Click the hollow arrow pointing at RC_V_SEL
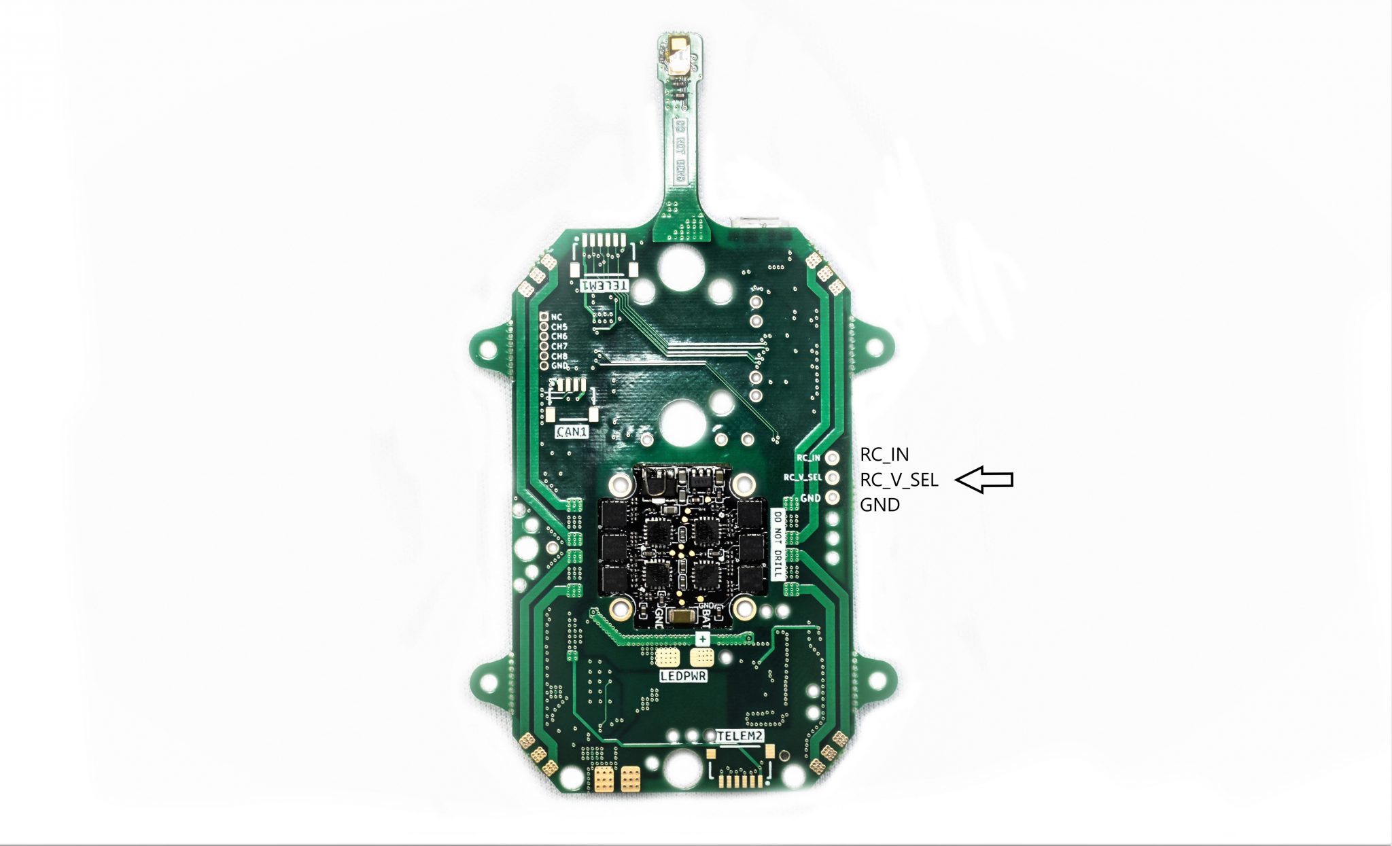(x=984, y=480)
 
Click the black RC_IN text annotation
(x=884, y=455)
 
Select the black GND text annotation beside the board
(x=880, y=505)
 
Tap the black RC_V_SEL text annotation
(x=899, y=480)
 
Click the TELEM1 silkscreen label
(x=604, y=286)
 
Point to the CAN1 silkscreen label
(x=571, y=431)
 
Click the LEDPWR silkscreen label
(x=683, y=676)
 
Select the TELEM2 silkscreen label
(x=740, y=736)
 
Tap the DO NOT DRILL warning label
(x=778, y=544)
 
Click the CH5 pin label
(x=559, y=327)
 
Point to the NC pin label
(x=557, y=317)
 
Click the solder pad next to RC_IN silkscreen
(x=831, y=458)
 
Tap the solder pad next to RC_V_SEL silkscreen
(x=831, y=478)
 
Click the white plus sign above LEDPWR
(x=702, y=639)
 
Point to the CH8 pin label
(x=559, y=356)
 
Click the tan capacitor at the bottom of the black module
(x=681, y=616)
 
